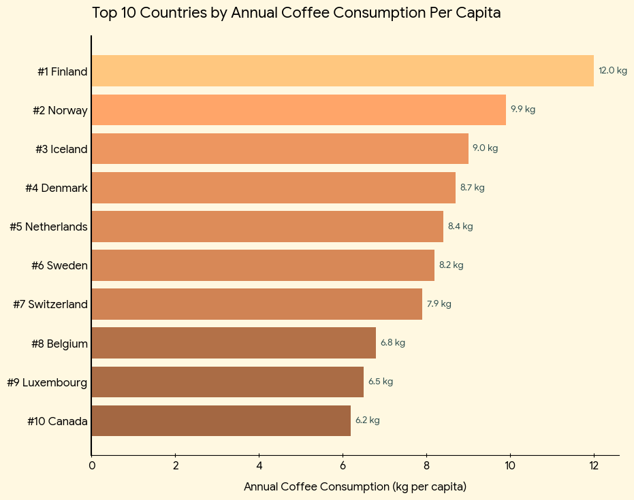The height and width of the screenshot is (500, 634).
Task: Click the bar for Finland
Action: click(x=343, y=71)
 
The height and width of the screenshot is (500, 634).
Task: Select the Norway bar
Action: click(x=298, y=110)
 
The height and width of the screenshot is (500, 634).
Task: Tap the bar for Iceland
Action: click(x=280, y=148)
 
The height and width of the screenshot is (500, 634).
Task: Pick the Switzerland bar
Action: click(x=257, y=304)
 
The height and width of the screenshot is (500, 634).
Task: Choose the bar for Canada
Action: click(x=221, y=420)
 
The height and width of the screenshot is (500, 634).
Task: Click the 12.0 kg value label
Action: click(x=612, y=71)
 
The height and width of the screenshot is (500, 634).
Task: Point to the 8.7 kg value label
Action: click(x=472, y=188)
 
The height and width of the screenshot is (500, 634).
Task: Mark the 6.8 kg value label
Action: click(x=392, y=343)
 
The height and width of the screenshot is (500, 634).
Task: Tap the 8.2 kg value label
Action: click(x=451, y=265)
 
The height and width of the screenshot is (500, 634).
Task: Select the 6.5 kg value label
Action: click(x=380, y=382)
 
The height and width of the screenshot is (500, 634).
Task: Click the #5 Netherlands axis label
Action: click(x=48, y=227)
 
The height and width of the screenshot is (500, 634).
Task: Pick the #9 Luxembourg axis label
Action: click(x=47, y=382)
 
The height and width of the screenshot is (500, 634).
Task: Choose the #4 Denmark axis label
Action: click(x=57, y=188)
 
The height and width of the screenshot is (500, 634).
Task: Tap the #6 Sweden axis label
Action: click(x=59, y=265)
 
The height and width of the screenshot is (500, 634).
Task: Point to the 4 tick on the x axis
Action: click(x=259, y=466)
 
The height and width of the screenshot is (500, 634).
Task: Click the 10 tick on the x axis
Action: click(x=510, y=466)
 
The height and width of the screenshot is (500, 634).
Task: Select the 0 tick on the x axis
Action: click(x=92, y=466)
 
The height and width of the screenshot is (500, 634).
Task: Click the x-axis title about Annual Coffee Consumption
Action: click(x=355, y=487)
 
